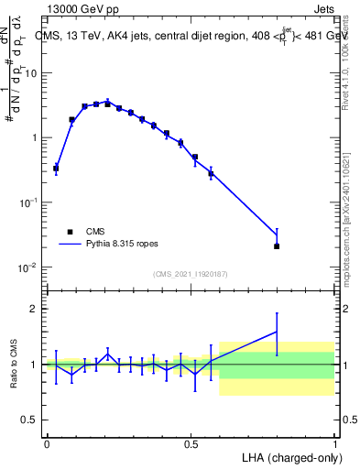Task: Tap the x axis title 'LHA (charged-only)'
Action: [x=292, y=457]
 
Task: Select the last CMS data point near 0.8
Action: [x=277, y=245]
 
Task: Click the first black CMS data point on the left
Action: [x=56, y=169]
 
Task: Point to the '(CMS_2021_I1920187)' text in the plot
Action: [x=190, y=274]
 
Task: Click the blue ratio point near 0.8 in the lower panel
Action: [x=277, y=332]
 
